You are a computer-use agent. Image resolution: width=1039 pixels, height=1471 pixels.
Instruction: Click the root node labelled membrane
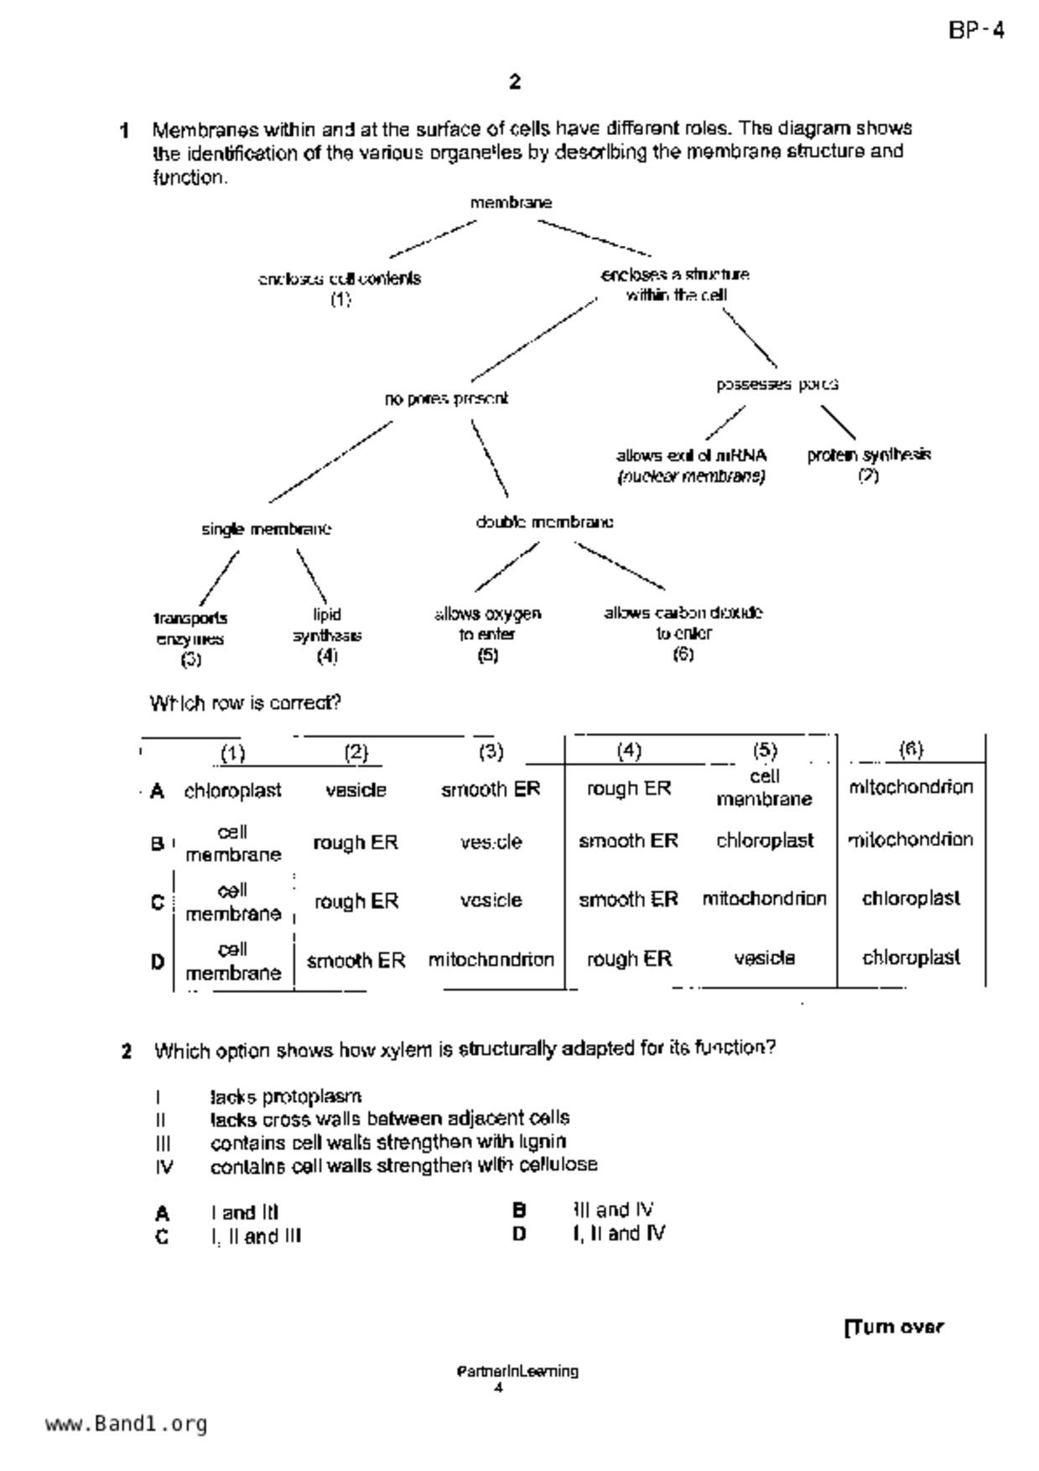pyautogui.click(x=511, y=203)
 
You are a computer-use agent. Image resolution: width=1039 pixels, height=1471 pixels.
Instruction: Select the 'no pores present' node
pyautogui.click(x=446, y=399)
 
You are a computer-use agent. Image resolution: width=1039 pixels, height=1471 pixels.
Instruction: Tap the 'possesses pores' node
pyautogui.click(x=777, y=385)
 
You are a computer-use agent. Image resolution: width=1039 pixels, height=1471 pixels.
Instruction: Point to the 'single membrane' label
pyautogui.click(x=266, y=529)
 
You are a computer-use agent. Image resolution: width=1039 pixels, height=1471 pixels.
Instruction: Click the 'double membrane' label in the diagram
pyautogui.click(x=544, y=522)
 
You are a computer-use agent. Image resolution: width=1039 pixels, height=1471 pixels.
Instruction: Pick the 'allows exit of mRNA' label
pyautogui.click(x=691, y=456)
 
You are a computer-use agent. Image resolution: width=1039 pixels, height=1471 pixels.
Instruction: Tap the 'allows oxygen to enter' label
pyautogui.click(x=487, y=624)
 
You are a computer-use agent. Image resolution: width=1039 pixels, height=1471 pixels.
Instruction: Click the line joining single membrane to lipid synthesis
pyautogui.click(x=311, y=576)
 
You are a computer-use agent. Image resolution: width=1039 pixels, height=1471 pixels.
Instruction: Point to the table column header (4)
pyautogui.click(x=629, y=751)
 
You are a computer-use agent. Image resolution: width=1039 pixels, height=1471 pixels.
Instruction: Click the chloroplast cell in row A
pyautogui.click(x=232, y=791)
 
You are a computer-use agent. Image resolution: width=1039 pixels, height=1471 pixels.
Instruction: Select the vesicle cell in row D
pyautogui.click(x=764, y=958)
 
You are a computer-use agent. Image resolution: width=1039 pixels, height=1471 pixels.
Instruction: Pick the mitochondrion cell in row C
pyautogui.click(x=764, y=899)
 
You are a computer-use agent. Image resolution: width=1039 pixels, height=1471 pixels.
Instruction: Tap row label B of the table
pyautogui.click(x=157, y=844)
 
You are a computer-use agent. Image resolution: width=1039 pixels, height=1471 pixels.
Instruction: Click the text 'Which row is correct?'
pyautogui.click(x=246, y=703)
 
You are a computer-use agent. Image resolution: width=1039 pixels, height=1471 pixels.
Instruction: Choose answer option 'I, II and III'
pyautogui.click(x=256, y=1236)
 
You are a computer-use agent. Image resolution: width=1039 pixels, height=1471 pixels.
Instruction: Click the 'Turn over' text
pyautogui.click(x=894, y=1328)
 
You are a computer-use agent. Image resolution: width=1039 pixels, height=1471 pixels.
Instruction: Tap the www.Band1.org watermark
pyautogui.click(x=126, y=1424)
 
